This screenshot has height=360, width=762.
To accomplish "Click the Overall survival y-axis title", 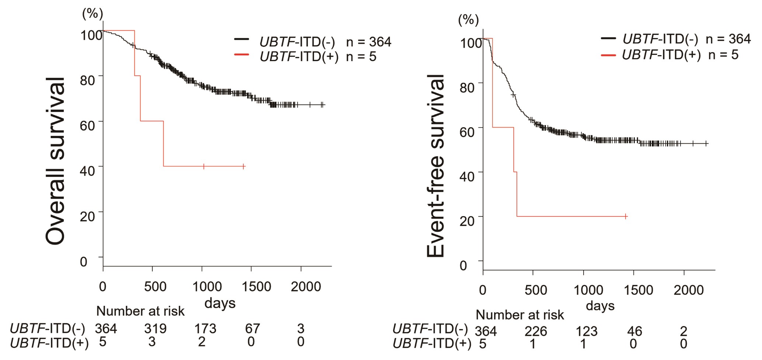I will click(55, 161).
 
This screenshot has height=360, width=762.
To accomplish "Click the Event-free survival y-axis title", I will click(436, 165).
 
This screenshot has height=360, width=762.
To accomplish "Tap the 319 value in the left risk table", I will click(155, 328).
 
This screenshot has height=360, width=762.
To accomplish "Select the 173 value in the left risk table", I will click(205, 328).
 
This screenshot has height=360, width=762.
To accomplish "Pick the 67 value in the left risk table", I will click(253, 328).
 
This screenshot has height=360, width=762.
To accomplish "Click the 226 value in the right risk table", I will click(536, 331).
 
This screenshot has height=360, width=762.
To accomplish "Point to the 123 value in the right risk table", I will click(586, 331).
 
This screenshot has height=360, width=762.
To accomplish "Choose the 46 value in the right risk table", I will click(634, 331).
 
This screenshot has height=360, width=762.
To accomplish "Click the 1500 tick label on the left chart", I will click(256, 287).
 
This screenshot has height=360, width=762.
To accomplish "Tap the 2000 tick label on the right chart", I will click(689, 290).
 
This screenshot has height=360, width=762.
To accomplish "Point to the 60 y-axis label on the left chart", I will click(88, 125).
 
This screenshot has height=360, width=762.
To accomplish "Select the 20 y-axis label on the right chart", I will click(467, 220).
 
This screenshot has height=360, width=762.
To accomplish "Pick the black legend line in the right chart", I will click(608, 38).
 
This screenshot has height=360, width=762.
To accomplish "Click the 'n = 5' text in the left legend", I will click(361, 57).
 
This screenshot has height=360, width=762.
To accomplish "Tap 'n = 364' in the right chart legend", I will click(728, 39).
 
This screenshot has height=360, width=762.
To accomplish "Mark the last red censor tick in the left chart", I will click(244, 167).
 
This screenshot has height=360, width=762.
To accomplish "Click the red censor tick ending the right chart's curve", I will click(626, 216).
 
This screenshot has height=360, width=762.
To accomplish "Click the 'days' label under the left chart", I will click(220, 303).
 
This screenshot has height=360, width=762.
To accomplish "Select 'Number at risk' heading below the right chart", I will click(520, 315).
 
